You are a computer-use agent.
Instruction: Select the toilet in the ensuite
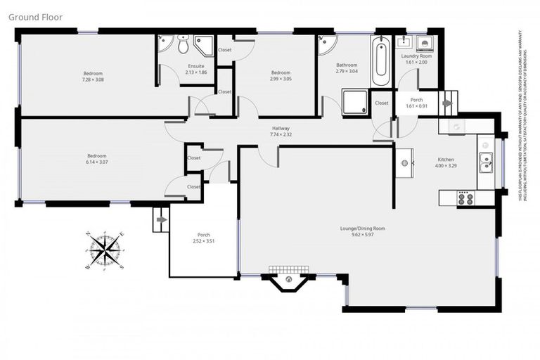183,46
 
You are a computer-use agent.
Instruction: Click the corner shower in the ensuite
204,46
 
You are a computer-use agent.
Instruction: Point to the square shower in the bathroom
354,102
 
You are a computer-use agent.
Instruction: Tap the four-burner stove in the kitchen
465,198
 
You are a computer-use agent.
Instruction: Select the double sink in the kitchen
485,164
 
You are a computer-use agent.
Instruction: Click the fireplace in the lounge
289,281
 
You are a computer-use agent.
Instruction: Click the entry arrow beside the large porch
160,219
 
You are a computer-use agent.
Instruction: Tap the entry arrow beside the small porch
448,102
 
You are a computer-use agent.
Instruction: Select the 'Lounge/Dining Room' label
362,229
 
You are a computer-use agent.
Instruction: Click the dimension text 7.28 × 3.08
94,80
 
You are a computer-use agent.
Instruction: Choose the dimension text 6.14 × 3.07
96,162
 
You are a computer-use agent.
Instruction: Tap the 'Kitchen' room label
446,160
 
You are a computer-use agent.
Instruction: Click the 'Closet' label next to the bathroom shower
382,103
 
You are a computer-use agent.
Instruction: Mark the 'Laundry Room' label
416,56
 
